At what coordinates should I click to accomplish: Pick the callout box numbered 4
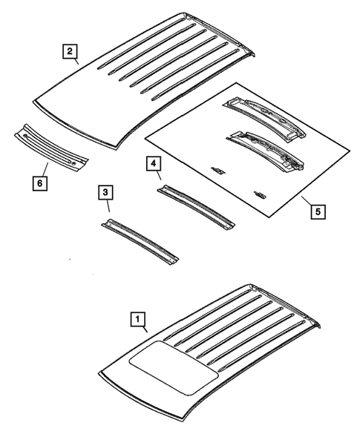coord(151,162)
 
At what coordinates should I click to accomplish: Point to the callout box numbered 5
coord(317,211)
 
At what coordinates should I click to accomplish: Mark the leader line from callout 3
coord(109,209)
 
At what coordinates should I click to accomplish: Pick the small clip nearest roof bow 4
coord(218,170)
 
